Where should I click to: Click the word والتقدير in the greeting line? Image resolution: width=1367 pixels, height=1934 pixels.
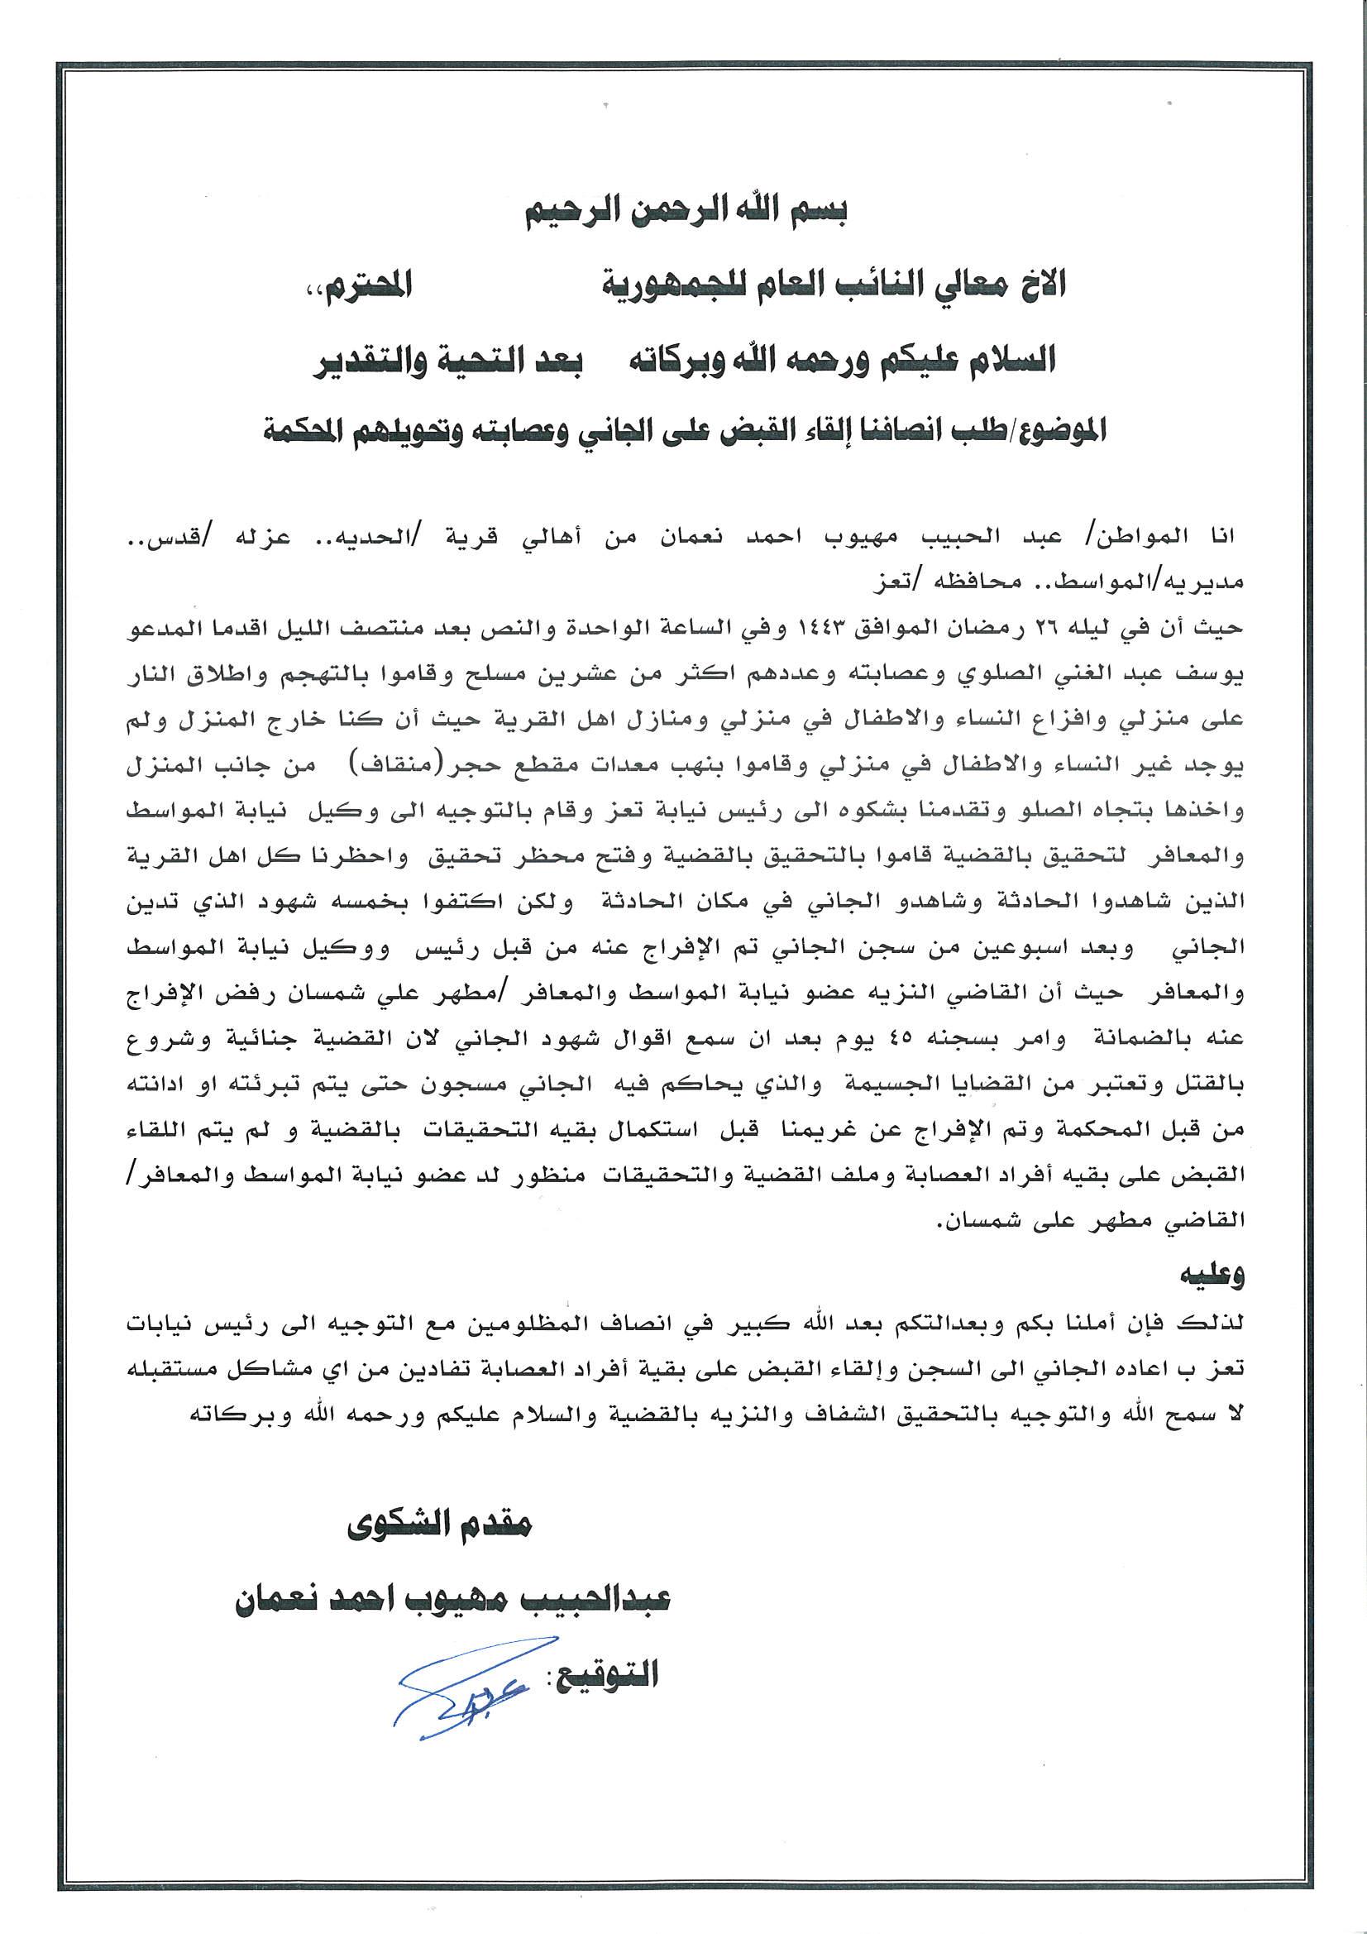tap(372, 361)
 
